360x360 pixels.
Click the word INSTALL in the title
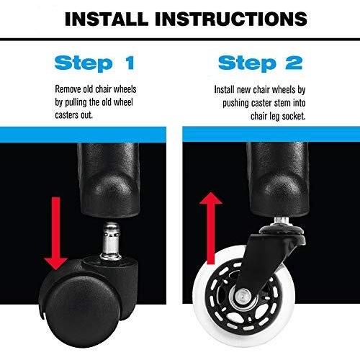tap(107, 19)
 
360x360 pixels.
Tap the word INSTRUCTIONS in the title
tap(231, 19)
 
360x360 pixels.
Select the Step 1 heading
tap(94, 63)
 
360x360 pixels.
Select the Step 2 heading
tap(260, 63)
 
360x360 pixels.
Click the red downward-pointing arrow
tap(55, 233)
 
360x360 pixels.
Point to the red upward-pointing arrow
tap(211, 228)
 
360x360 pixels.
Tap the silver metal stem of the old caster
tap(111, 241)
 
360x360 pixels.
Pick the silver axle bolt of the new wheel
tap(243, 296)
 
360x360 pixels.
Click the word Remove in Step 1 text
tap(68, 89)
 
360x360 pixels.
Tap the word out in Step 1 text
tap(86, 115)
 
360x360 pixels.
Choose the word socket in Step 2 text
tap(294, 117)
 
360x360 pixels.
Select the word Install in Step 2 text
tap(224, 89)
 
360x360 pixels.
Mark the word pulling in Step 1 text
tap(76, 103)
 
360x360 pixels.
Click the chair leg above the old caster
tap(109, 179)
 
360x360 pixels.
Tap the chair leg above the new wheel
tap(278, 179)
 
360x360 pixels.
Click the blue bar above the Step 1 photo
tap(83, 135)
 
